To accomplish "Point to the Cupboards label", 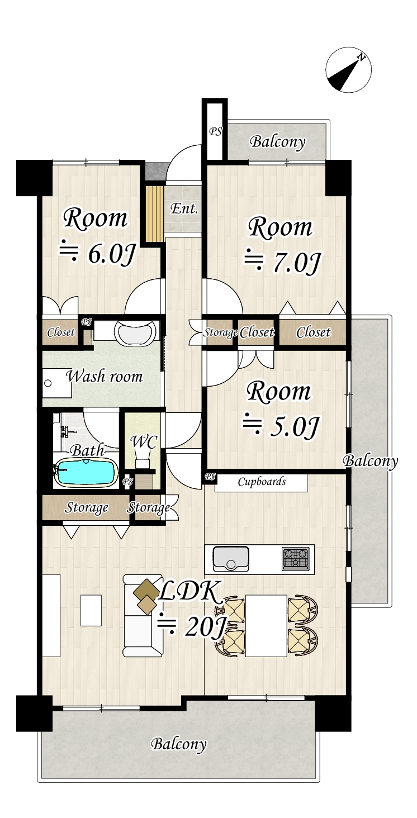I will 262,482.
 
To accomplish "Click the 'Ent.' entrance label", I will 184,210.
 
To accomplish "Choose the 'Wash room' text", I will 105,376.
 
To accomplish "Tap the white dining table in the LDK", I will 266,626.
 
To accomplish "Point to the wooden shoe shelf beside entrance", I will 153,213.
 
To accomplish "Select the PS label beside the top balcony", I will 215,132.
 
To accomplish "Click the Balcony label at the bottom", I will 178,744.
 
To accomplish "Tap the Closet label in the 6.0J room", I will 60,332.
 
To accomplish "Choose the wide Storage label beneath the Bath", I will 87,508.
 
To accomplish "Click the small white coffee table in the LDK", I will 91,610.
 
